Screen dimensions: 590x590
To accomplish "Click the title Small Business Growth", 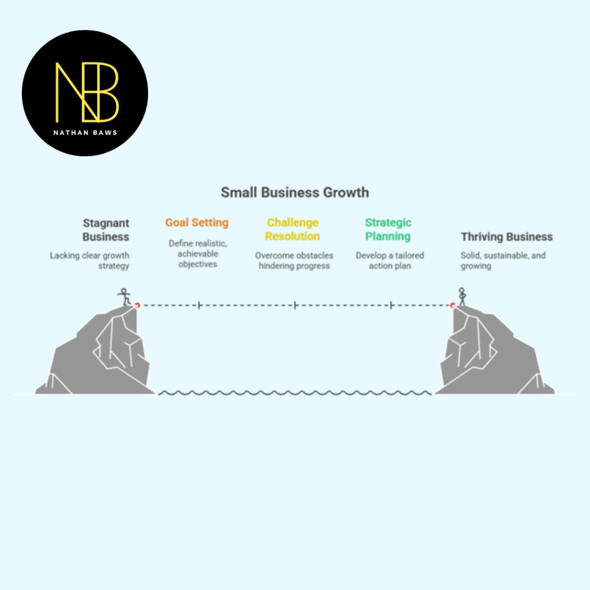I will tap(294, 192).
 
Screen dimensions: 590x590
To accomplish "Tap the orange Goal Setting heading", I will tap(197, 222).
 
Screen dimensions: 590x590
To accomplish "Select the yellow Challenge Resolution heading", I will tap(293, 229).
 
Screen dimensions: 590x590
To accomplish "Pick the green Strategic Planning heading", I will tap(388, 229).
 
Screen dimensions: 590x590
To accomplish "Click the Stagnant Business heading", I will tap(106, 229).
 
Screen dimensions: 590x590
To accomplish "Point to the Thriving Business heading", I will tap(506, 237).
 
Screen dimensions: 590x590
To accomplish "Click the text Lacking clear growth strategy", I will tap(90, 260).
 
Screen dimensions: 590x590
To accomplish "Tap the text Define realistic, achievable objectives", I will tap(198, 254).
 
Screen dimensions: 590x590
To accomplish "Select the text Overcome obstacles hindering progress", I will tap(294, 260).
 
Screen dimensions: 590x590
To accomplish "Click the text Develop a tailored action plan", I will tap(389, 260).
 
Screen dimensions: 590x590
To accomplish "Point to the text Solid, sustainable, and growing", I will tap(502, 260).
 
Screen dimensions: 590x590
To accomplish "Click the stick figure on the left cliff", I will tap(123, 296).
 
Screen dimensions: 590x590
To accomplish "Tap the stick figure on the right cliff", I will tap(462, 296).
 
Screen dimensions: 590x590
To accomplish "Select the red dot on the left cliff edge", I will tap(137, 305).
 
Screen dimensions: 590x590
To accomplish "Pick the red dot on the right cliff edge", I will tap(453, 305).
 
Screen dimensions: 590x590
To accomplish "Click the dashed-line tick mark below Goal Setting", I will tap(199, 305).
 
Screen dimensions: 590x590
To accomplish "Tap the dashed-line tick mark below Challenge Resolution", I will tap(295, 305).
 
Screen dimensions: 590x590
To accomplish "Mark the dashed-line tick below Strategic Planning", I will tap(391, 305).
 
